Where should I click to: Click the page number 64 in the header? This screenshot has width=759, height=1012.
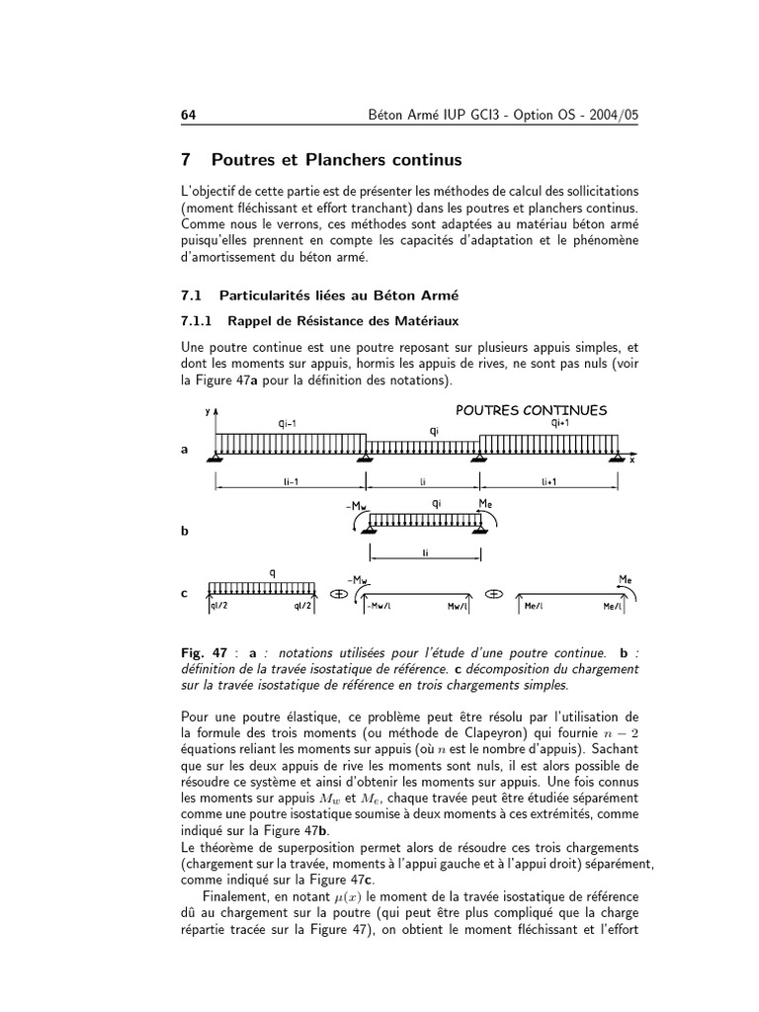click(189, 116)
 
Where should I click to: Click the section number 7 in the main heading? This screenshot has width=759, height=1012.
click(186, 159)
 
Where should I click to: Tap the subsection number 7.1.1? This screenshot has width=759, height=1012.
click(199, 320)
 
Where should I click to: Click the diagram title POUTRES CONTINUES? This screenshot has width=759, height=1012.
click(531, 409)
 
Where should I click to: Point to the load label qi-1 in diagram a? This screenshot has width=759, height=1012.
click(289, 423)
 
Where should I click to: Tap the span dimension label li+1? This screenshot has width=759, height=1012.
click(549, 481)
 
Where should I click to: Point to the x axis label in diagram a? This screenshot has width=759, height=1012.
click(632, 461)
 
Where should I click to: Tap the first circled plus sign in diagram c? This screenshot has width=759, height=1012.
click(337, 594)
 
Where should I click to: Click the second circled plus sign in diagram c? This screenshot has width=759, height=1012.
click(494, 594)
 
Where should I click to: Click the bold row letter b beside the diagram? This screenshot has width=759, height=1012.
click(185, 531)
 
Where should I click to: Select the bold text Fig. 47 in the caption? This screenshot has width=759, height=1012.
click(204, 653)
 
